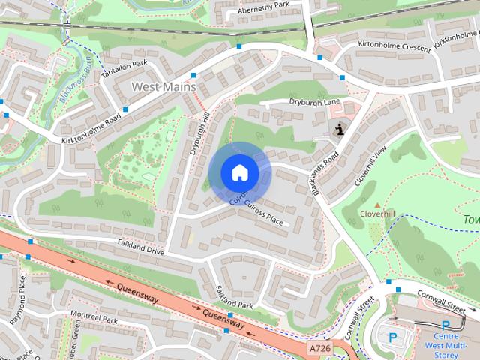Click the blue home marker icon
[x=239, y=173]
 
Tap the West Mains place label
[x=163, y=87]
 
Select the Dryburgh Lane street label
[x=314, y=102]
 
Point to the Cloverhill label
[x=377, y=214]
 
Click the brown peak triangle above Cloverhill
[x=377, y=204]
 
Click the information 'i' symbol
[x=340, y=129]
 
